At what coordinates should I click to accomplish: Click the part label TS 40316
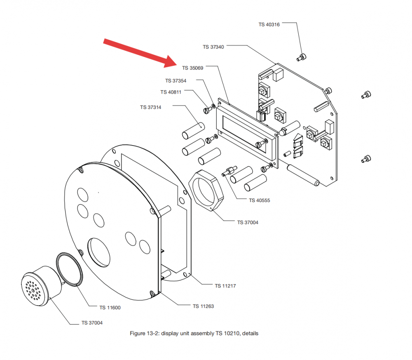(x=269, y=24)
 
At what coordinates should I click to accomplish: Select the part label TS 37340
(x=213, y=47)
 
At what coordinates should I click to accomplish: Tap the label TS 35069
(x=192, y=68)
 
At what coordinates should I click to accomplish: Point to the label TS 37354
(x=176, y=81)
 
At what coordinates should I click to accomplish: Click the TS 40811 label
(x=171, y=92)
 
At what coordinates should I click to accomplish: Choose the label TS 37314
(x=150, y=107)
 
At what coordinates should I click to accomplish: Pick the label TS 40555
(x=259, y=200)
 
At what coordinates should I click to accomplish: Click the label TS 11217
(x=225, y=286)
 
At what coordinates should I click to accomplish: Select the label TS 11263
(x=203, y=306)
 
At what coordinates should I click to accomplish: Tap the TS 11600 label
(x=110, y=308)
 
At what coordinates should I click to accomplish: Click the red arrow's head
(x=171, y=62)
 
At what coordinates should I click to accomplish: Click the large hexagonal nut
(x=206, y=190)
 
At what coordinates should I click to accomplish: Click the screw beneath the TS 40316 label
(x=302, y=57)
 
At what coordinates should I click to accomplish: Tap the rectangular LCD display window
(x=244, y=134)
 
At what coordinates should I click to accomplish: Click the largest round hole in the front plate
(x=99, y=252)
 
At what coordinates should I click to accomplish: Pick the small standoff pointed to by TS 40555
(x=229, y=171)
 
